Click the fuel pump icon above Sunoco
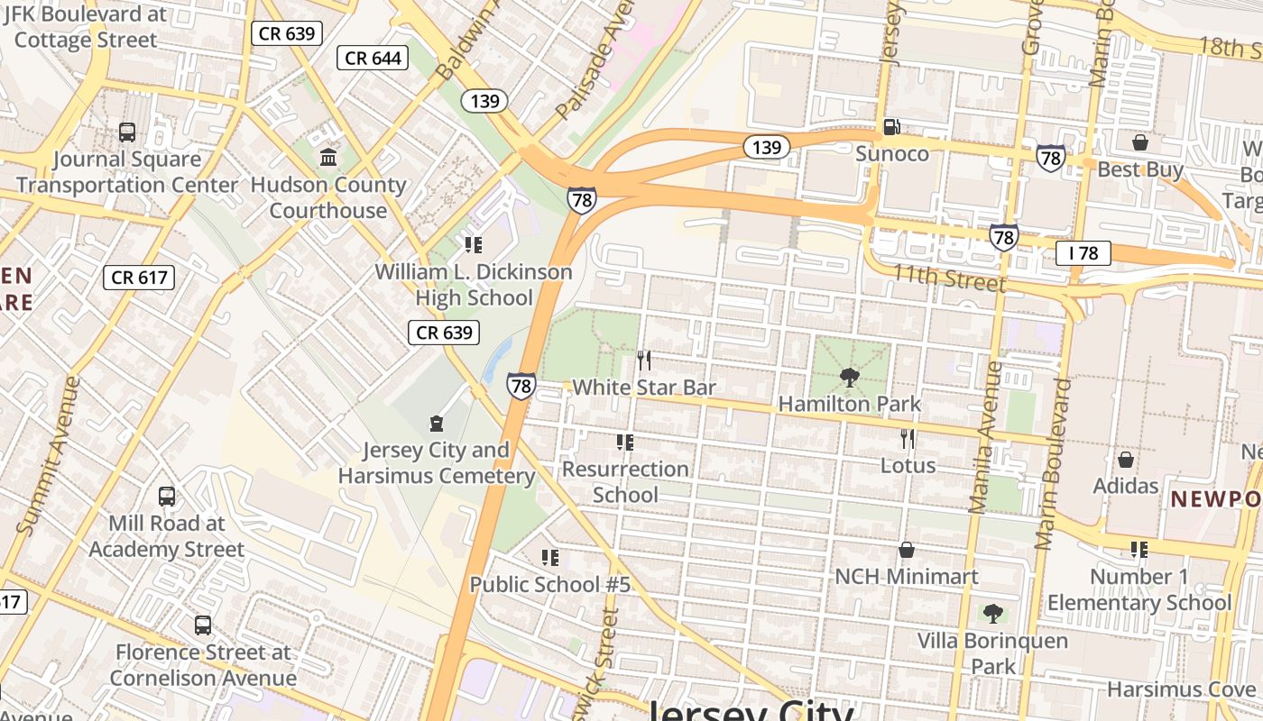tap(891, 128)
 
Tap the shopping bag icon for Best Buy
tap(1140, 142)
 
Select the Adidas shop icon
tap(1126, 460)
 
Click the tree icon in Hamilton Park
tap(849, 377)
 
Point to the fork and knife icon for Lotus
tap(908, 439)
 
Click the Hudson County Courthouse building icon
tap(328, 158)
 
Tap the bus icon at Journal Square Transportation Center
tap(127, 132)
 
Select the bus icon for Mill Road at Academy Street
tap(167, 496)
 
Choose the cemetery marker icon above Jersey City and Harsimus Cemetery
tap(437, 423)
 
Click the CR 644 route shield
tap(373, 59)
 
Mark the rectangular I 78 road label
tap(1083, 253)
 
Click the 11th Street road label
tap(948, 278)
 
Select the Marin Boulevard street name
tap(1054, 464)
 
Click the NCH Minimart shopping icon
tap(907, 550)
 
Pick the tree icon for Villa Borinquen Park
tap(993, 614)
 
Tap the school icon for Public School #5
tap(549, 558)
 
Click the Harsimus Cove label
tap(1181, 689)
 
